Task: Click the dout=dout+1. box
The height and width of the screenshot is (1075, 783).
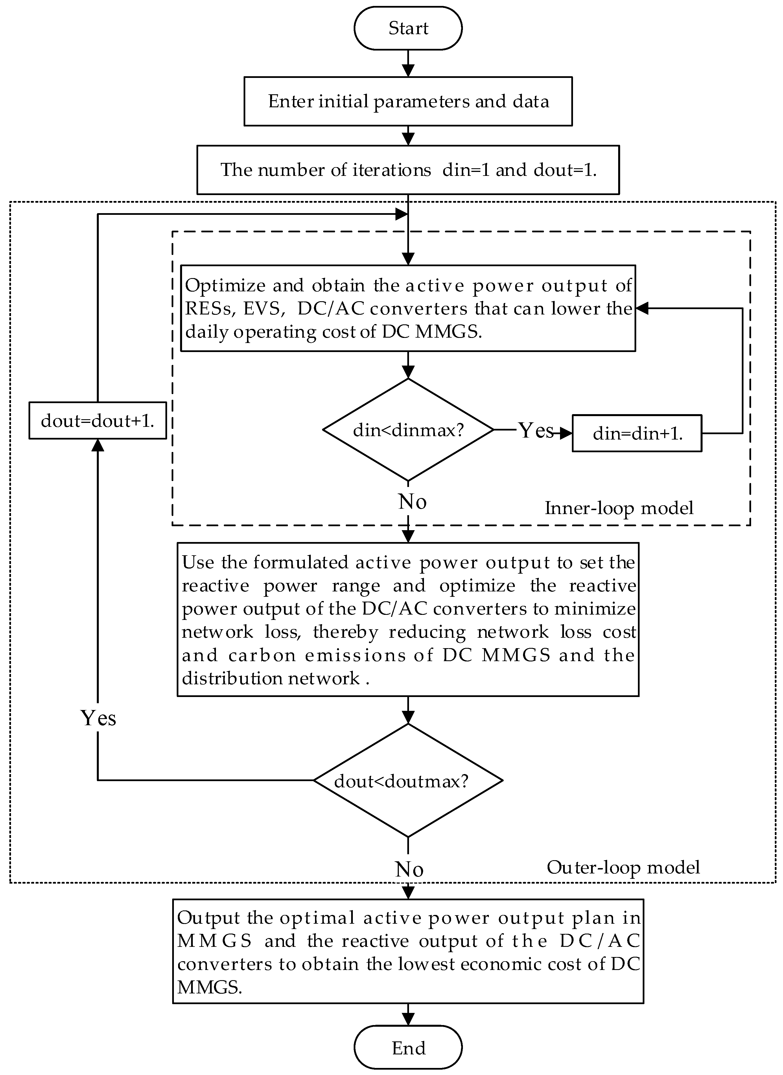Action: click(x=98, y=420)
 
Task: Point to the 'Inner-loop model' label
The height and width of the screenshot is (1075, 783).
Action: click(x=618, y=508)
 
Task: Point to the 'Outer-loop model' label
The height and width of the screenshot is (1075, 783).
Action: click(x=623, y=868)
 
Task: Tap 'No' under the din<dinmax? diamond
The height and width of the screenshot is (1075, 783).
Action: click(x=412, y=501)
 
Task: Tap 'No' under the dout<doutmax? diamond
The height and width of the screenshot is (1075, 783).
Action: click(x=409, y=869)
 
